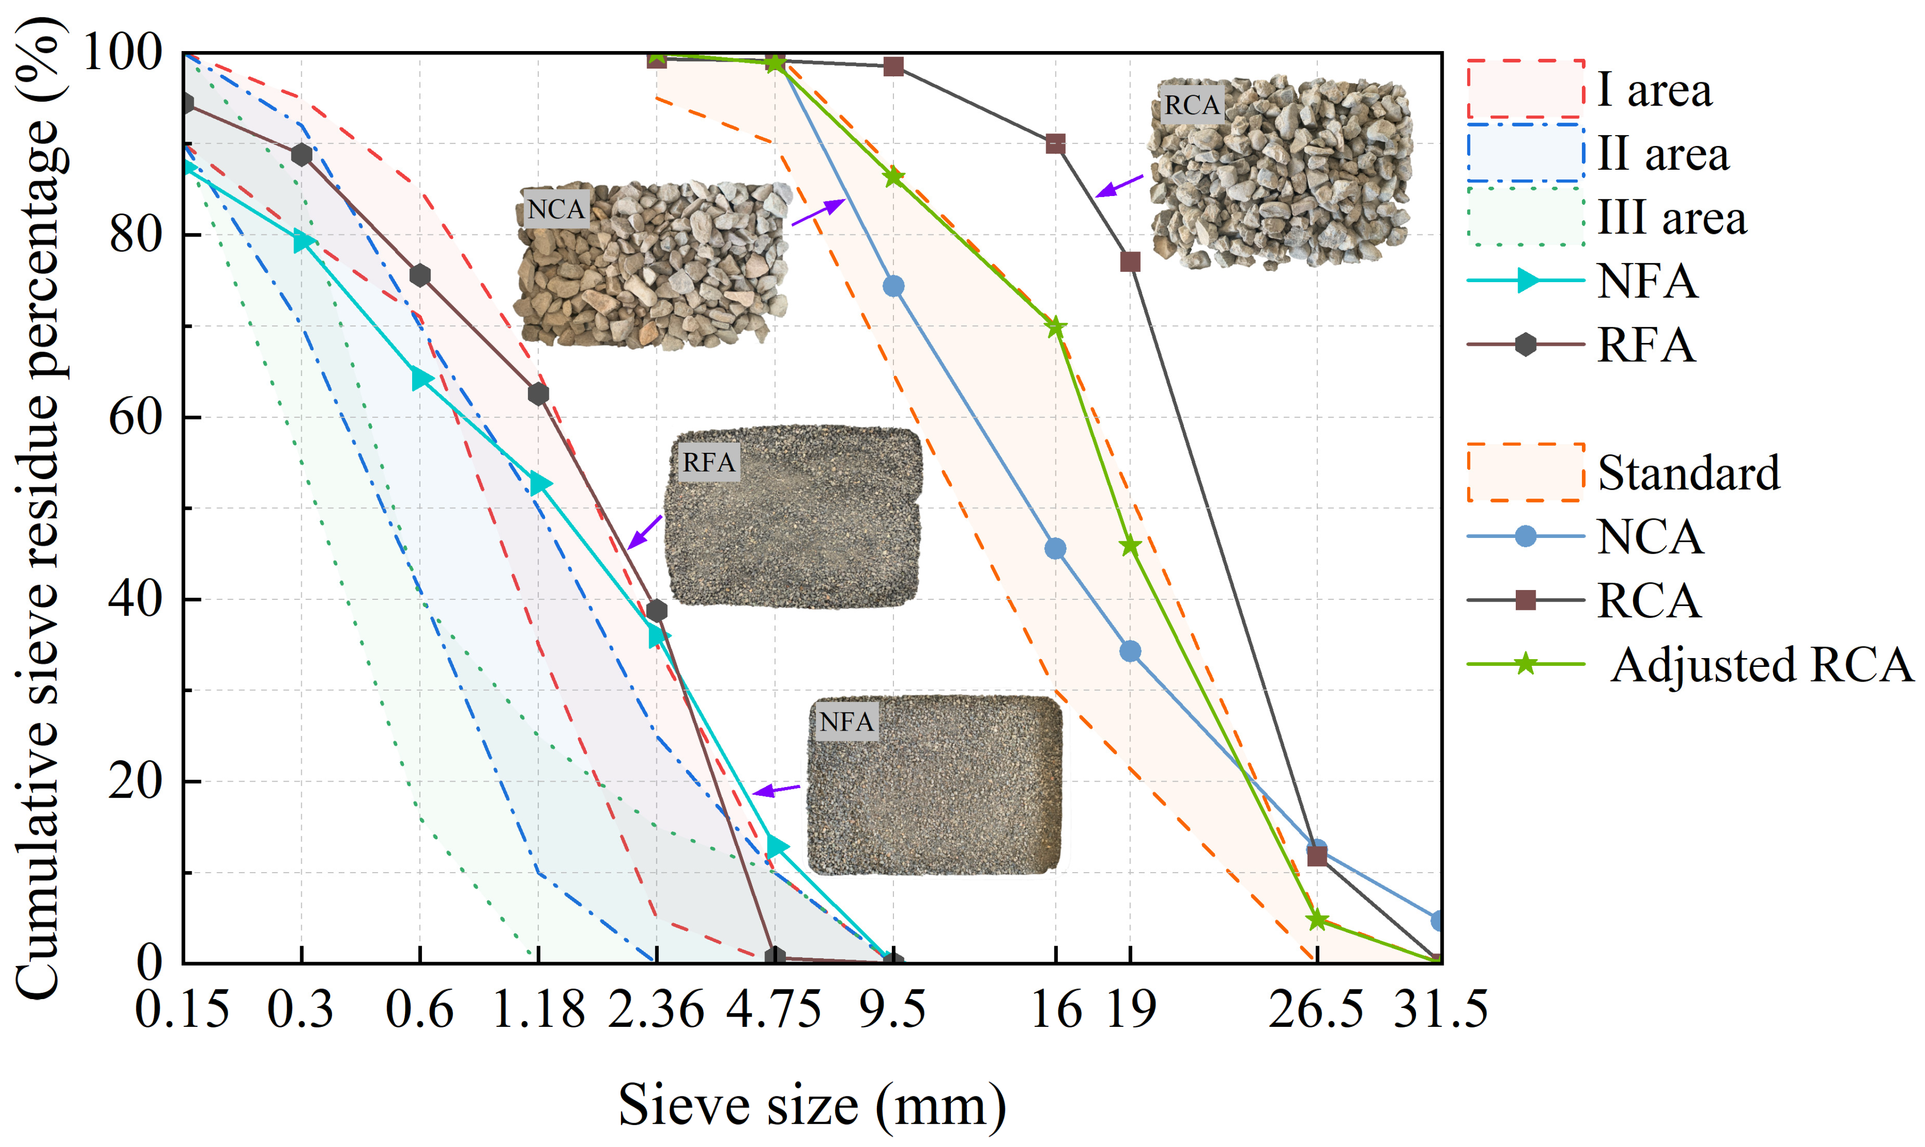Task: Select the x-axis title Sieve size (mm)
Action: click(x=812, y=1105)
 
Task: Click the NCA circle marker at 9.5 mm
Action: click(x=893, y=287)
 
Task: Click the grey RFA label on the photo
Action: click(x=708, y=462)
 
